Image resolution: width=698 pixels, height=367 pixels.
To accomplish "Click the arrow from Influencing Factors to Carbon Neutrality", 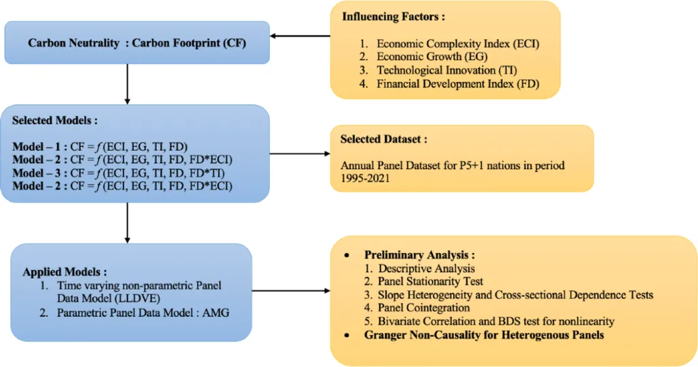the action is pos(300,36).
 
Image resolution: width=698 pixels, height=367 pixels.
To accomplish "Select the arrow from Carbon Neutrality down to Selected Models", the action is pos(127,84).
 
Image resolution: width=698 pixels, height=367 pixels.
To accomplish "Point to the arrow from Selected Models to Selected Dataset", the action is pos(300,153).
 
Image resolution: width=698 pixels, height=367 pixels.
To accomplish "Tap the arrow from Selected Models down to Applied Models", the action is pos(127,222).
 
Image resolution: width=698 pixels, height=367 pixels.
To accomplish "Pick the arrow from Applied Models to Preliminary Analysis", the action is pos(291,291).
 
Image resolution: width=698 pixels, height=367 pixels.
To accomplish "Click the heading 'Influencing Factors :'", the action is pos(393,17).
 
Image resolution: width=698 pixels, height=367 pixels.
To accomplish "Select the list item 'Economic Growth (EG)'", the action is pos(432,57).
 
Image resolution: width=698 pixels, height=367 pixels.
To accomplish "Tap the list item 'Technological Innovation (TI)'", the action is pos(447,70).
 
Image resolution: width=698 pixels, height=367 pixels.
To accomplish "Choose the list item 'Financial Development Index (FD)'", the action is pos(458,84).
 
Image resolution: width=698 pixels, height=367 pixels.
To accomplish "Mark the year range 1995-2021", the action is pos(365,178).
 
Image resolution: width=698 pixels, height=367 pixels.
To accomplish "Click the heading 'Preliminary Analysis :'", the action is pos(419,254).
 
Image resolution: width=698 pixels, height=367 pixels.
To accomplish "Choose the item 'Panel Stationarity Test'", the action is pos(431,282).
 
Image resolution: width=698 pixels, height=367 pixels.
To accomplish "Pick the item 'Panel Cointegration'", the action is pos(424,308).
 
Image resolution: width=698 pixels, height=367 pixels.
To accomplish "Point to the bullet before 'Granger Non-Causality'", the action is pos(347,335).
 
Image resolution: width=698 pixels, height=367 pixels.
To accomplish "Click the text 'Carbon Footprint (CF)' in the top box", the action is pos(189,43).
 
